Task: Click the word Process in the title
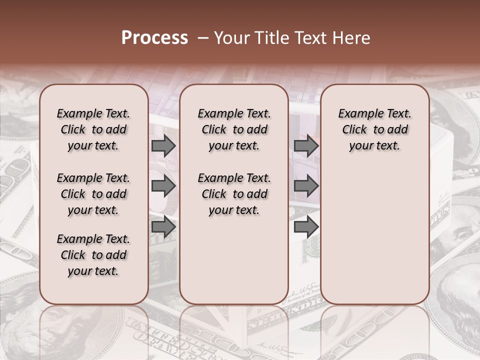click(x=154, y=38)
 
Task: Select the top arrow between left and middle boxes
click(x=163, y=145)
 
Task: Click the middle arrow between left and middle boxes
click(x=163, y=186)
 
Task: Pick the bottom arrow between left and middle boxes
click(x=163, y=226)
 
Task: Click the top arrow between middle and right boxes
click(x=306, y=145)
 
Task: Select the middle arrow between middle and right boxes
click(x=306, y=186)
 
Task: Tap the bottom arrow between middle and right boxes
click(x=306, y=226)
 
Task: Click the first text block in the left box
click(x=93, y=129)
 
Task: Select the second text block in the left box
click(x=93, y=194)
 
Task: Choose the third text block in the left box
click(x=93, y=255)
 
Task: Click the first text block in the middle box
click(x=234, y=129)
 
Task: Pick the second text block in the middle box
click(x=234, y=194)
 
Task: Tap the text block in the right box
click(x=374, y=129)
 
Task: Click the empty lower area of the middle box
click(x=234, y=260)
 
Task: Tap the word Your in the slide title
click(x=228, y=38)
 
